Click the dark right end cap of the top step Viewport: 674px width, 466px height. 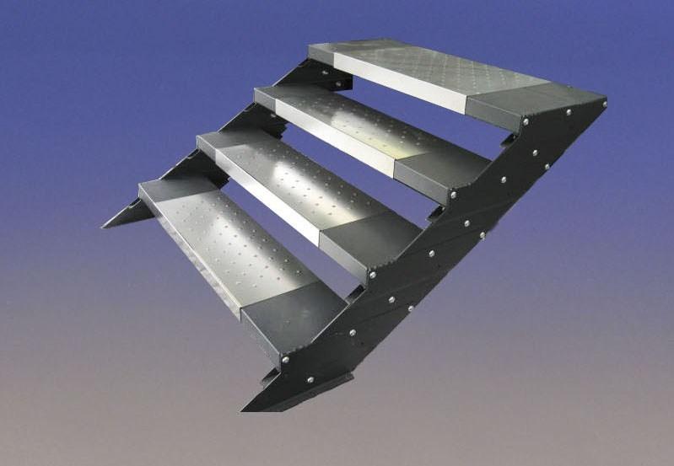click(531, 99)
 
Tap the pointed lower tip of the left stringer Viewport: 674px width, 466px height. click(105, 226)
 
